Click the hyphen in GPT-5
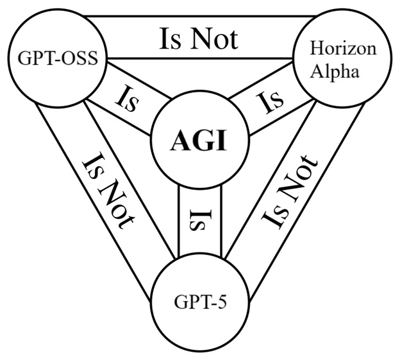204,300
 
